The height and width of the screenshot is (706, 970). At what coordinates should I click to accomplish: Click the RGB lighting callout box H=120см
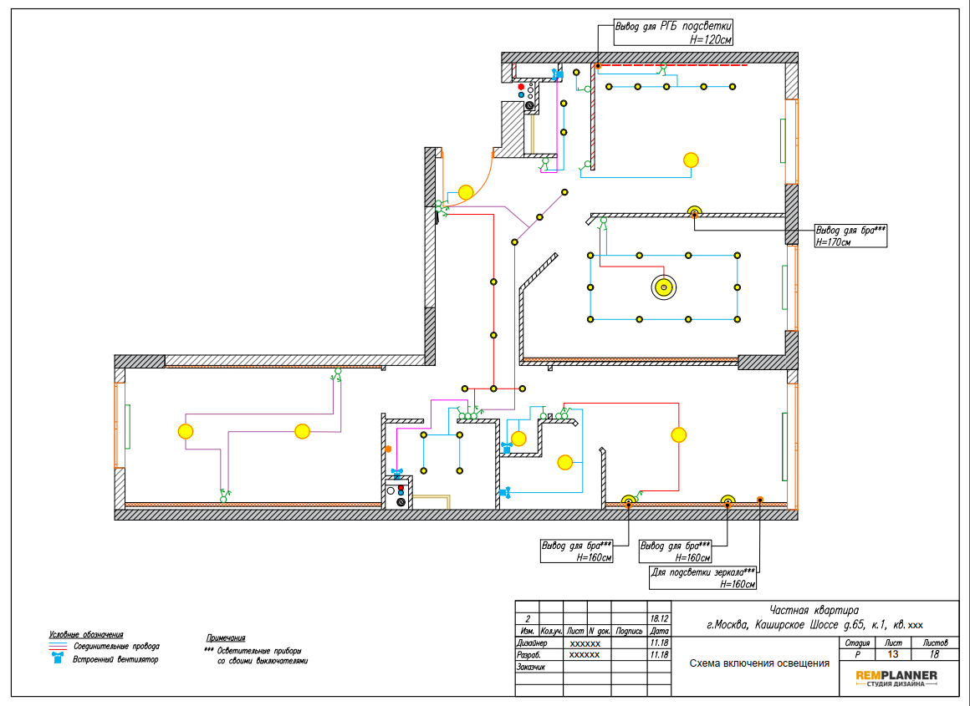[673, 33]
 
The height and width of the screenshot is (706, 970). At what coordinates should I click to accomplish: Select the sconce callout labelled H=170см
[850, 236]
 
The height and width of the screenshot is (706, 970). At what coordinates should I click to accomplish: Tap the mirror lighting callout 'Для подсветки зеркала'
[702, 577]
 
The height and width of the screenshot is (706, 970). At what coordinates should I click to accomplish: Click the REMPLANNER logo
[896, 678]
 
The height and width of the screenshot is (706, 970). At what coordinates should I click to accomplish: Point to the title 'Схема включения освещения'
[759, 663]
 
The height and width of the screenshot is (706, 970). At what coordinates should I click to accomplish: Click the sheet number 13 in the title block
[893, 654]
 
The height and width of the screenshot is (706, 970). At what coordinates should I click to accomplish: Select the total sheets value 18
[934, 654]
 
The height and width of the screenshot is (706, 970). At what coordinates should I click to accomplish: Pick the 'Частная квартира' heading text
[814, 611]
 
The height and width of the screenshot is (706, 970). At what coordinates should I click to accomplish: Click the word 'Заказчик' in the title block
[530, 667]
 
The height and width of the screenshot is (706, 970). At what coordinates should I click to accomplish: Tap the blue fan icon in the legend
[58, 659]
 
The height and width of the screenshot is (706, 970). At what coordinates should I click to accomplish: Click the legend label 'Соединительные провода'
[116, 647]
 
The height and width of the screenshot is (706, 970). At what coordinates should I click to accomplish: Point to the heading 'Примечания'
[225, 638]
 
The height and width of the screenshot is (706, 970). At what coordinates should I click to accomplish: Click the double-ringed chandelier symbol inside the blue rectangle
[663, 287]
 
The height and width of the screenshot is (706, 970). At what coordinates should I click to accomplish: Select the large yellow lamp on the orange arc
[466, 192]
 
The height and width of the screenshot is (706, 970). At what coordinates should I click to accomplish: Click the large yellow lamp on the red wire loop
[679, 435]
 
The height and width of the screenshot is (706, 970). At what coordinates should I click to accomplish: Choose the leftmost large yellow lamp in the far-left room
[186, 431]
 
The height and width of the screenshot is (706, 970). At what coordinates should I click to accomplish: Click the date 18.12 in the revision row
[660, 619]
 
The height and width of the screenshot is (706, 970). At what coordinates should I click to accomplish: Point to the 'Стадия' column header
[857, 643]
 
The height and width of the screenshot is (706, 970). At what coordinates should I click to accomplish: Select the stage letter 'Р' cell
[857, 654]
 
